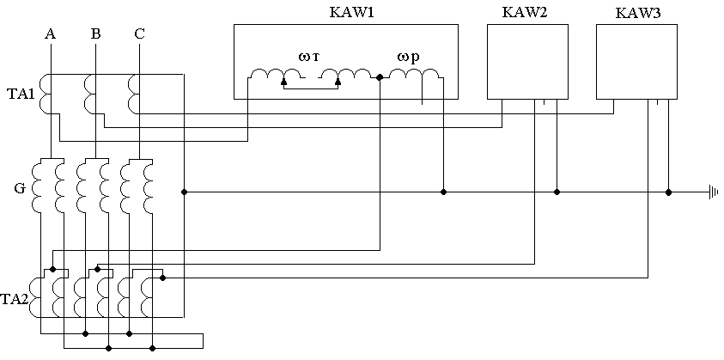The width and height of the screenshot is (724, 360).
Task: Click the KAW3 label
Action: (637, 15)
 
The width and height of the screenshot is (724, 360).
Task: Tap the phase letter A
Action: (50, 34)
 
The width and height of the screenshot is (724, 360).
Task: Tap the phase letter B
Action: (95, 34)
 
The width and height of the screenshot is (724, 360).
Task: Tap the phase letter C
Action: (139, 34)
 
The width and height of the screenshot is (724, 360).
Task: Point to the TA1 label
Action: (21, 94)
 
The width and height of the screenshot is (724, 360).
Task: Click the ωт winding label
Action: (309, 57)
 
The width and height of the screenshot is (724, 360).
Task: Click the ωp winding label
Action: (408, 57)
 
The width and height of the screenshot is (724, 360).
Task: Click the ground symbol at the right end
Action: (712, 192)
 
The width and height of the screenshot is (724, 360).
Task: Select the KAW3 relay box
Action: (636, 62)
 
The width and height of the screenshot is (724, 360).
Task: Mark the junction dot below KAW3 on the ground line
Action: (669, 192)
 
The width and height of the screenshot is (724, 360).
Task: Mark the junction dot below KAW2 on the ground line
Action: (557, 192)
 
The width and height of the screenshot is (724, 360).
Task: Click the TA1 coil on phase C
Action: (133, 94)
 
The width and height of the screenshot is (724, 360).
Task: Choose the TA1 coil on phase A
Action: (46, 94)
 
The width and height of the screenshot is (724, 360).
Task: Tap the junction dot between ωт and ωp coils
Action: (380, 78)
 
